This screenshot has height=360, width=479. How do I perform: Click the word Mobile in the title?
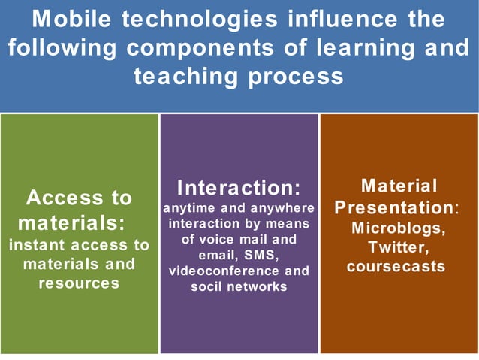pos(72,19)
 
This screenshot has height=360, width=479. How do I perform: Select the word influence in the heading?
pos(340,19)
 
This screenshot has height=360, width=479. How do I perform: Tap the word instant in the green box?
pos(38,245)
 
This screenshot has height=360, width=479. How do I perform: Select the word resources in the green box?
pos(79,283)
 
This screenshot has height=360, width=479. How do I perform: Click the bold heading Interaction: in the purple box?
pos(239,187)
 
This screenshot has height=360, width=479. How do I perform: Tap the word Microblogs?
pos(399,227)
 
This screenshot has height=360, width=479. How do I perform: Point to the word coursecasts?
pos(396,266)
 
